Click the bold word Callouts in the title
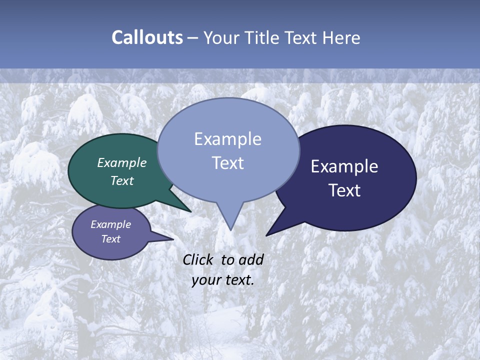pos(147,37)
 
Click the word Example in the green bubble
pos(122,162)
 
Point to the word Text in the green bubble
pos(122,180)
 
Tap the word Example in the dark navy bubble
pos(344,166)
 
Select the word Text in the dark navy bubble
pos(344,190)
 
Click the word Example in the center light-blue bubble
pos(227,139)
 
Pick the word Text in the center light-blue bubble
pos(227,162)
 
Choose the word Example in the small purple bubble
pos(110,224)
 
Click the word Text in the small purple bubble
pos(110,239)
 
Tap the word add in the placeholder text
pos(251,259)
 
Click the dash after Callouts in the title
pos(192,37)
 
